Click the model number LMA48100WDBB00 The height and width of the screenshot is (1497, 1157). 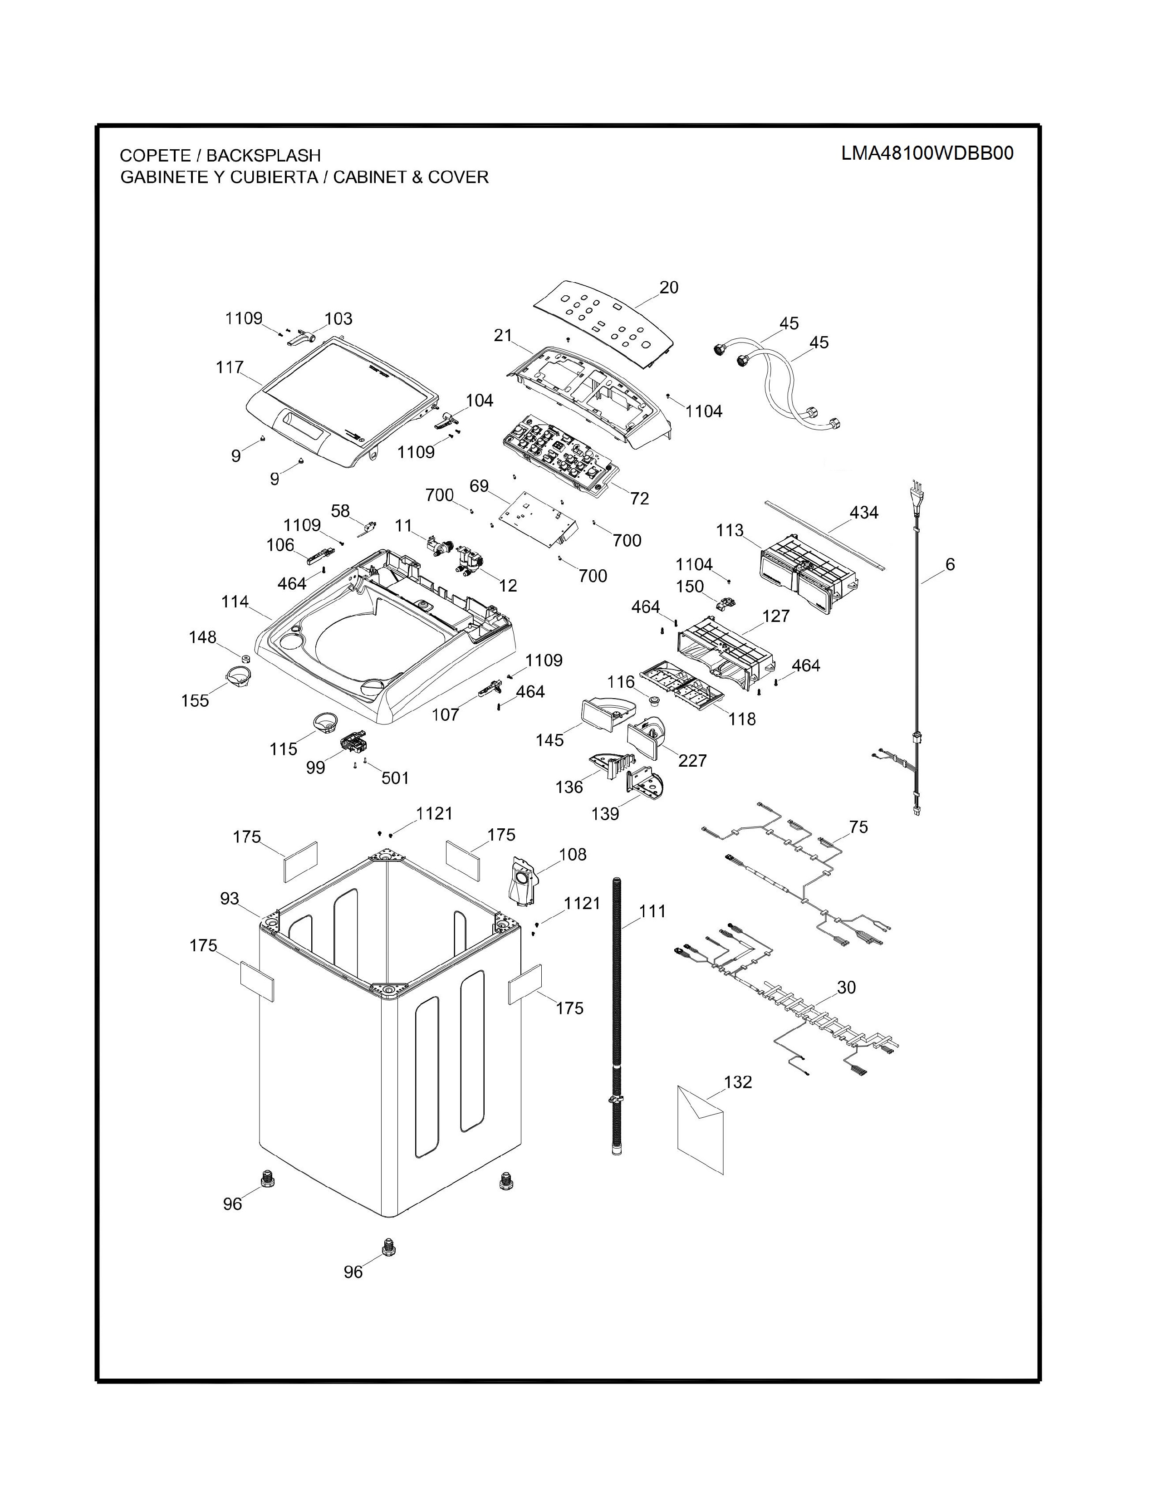pyautogui.click(x=927, y=153)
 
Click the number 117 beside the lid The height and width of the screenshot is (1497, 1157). pyautogui.click(x=230, y=367)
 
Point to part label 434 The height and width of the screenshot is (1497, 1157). pyautogui.click(x=863, y=513)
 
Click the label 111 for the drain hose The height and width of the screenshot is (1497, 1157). pyautogui.click(x=652, y=912)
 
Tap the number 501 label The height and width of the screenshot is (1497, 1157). pyautogui.click(x=395, y=778)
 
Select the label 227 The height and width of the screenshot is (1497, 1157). pyautogui.click(x=692, y=760)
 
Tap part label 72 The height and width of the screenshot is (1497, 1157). pyautogui.click(x=639, y=498)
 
